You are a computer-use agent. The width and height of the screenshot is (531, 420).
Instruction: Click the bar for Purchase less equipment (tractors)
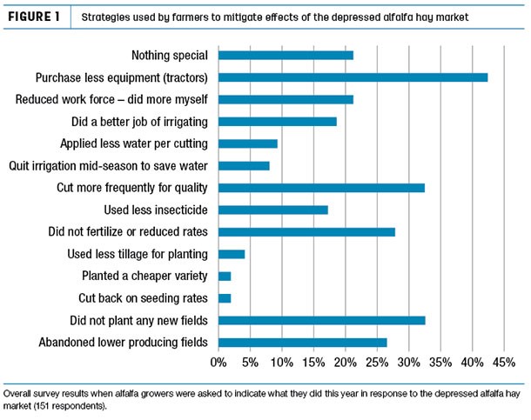(x=353, y=77)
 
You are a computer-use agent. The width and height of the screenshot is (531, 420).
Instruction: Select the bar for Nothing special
(x=286, y=55)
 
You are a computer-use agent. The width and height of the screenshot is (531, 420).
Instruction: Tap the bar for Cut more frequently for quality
(x=321, y=188)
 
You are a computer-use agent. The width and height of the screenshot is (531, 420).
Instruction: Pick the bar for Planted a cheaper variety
(x=225, y=277)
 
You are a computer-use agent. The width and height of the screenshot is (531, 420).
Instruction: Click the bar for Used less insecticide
(x=272, y=210)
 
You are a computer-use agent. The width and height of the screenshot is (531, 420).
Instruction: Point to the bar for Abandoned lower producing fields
(x=302, y=343)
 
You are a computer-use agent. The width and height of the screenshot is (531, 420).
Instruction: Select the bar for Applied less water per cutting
(x=247, y=143)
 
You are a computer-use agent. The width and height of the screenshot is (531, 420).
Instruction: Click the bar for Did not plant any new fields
(x=321, y=321)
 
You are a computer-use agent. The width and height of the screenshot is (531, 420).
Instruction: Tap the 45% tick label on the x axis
(x=503, y=362)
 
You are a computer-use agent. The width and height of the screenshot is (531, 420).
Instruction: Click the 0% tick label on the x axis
(x=218, y=362)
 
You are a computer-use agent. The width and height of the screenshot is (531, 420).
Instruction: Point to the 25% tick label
(x=376, y=362)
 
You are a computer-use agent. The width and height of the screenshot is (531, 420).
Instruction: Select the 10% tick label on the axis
(x=281, y=362)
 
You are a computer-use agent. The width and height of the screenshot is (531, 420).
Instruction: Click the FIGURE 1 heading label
(x=39, y=17)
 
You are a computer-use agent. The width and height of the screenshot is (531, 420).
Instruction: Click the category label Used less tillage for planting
(x=138, y=254)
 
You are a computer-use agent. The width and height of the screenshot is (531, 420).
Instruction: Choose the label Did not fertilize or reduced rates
(x=127, y=232)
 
